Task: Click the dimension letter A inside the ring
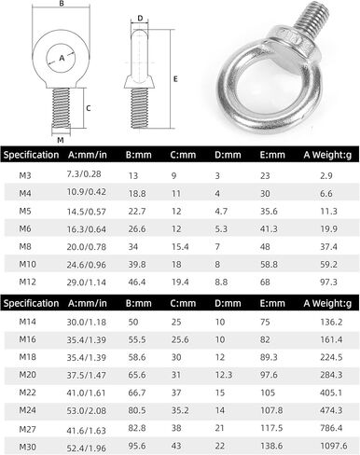[62, 58]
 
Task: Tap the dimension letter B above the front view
[62, 4]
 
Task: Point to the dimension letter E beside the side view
[175, 79]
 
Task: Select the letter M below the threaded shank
[61, 140]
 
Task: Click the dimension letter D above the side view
[140, 18]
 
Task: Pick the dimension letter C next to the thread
[89, 108]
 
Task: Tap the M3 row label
[25, 175]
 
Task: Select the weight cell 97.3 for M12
[328, 283]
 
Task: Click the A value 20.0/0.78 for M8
[87, 247]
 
